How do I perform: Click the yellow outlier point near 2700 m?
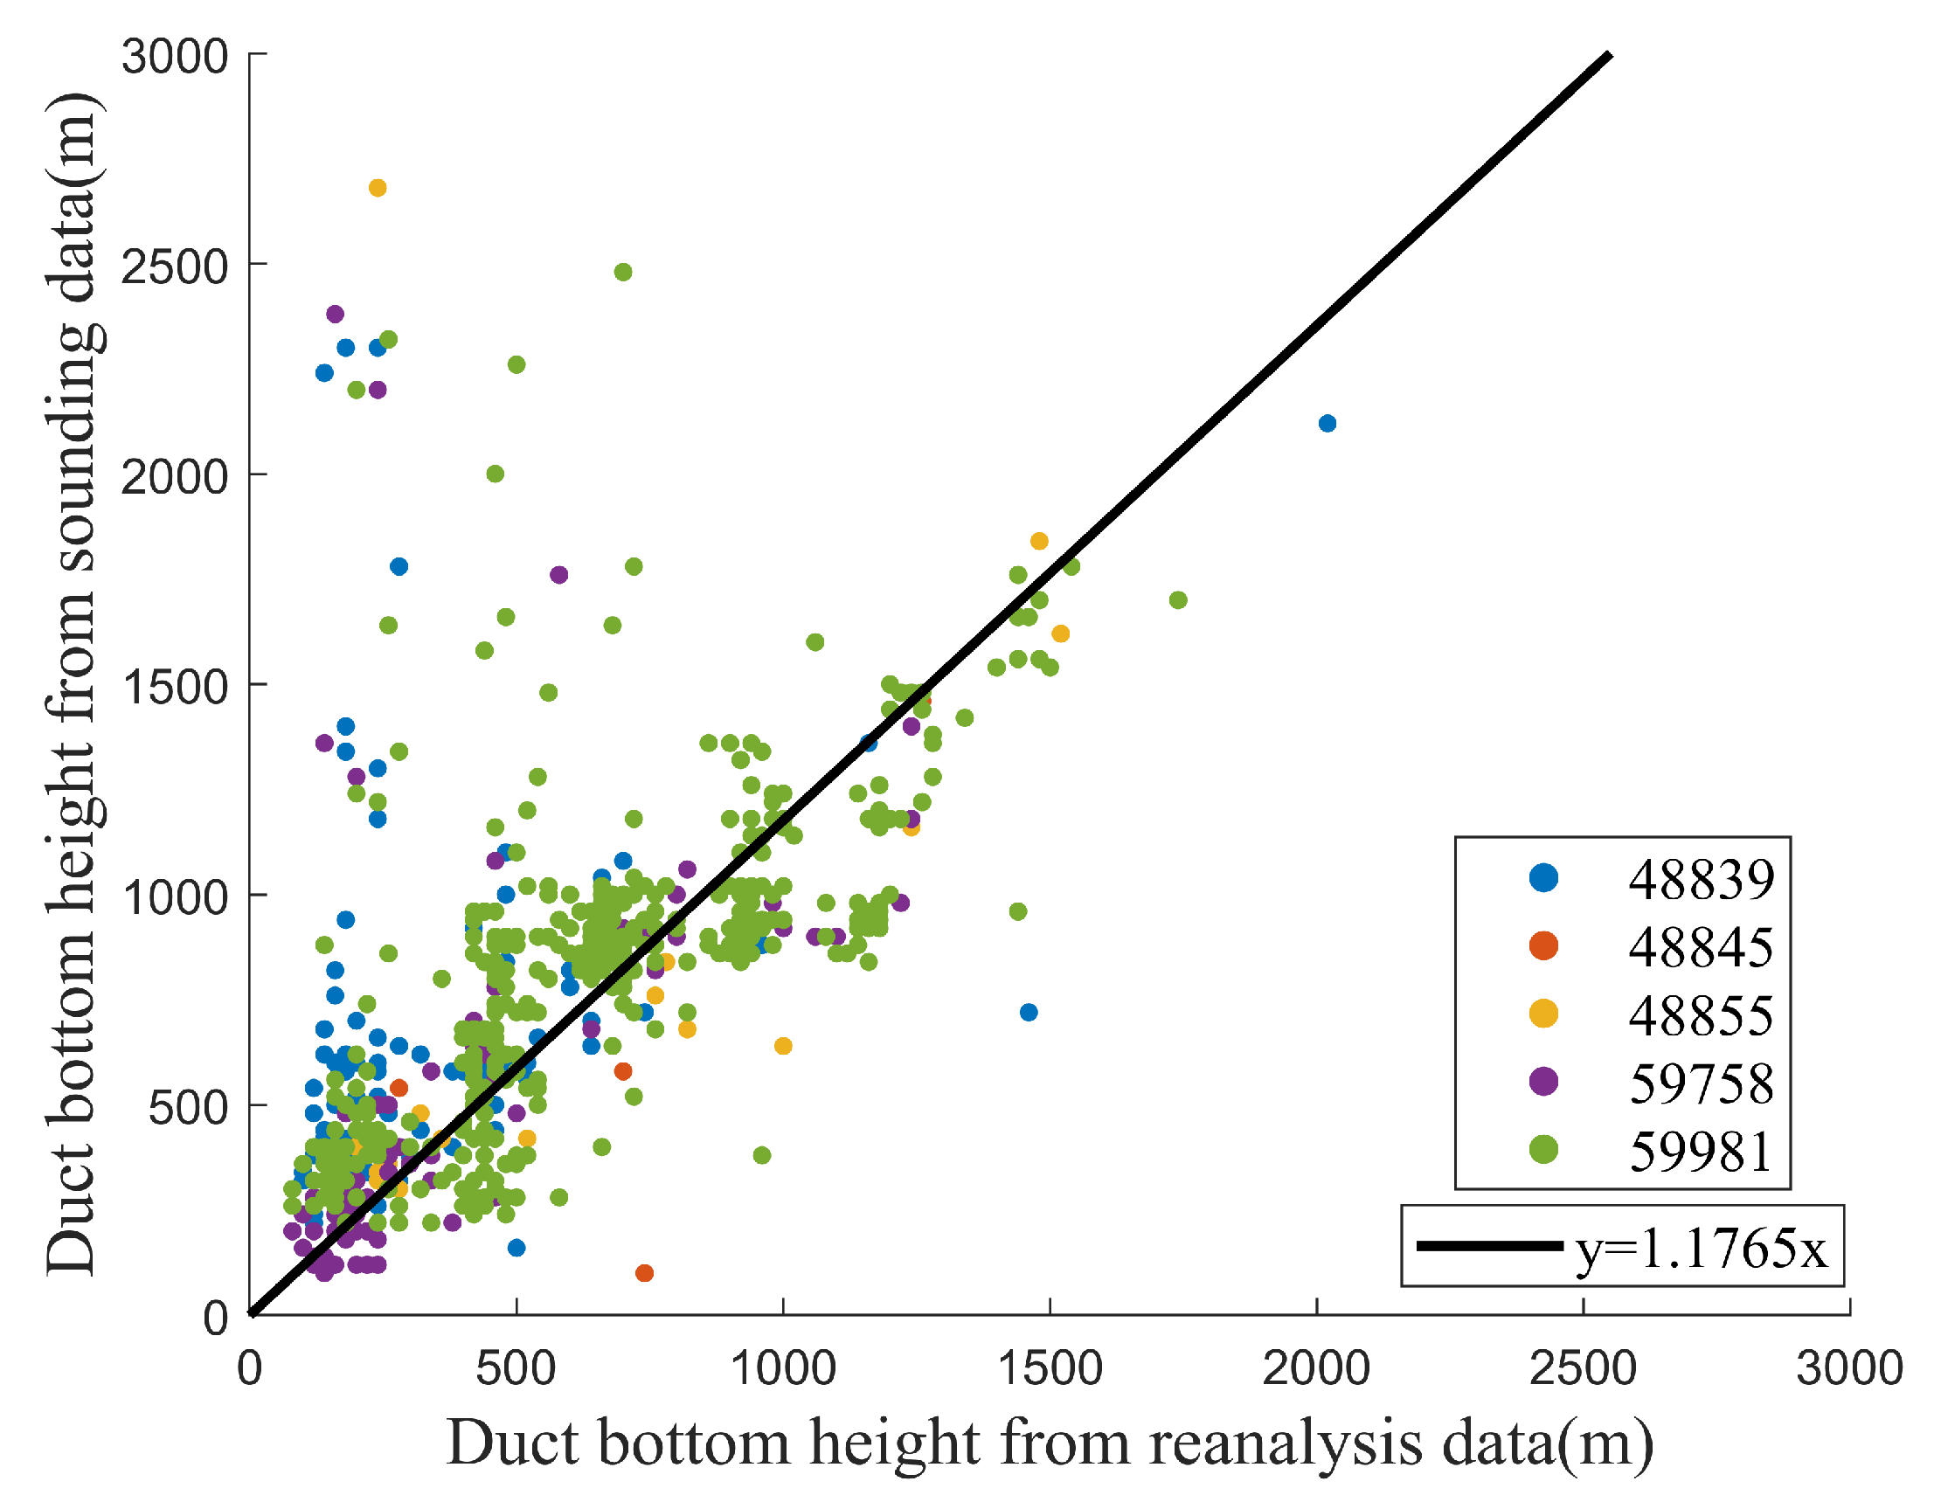tap(378, 188)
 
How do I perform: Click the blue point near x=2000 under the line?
tap(1327, 423)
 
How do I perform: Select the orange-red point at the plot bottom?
tap(645, 1272)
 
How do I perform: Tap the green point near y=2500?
tap(622, 272)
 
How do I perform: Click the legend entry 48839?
tap(1700, 879)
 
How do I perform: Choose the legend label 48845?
tap(1700, 947)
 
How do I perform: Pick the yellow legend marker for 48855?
tap(1543, 1014)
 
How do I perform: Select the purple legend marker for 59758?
tap(1543, 1082)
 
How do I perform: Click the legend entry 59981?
tap(1700, 1152)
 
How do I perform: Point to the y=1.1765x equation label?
tap(1700, 1249)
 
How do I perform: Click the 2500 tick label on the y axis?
tap(175, 266)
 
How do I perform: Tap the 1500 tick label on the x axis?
tap(1050, 1369)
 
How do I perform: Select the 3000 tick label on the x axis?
tap(1849, 1369)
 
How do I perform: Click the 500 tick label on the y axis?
tap(188, 1107)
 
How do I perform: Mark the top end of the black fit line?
tap(1608, 56)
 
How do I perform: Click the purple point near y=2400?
tap(335, 314)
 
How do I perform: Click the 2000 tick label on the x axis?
tap(1316, 1369)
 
